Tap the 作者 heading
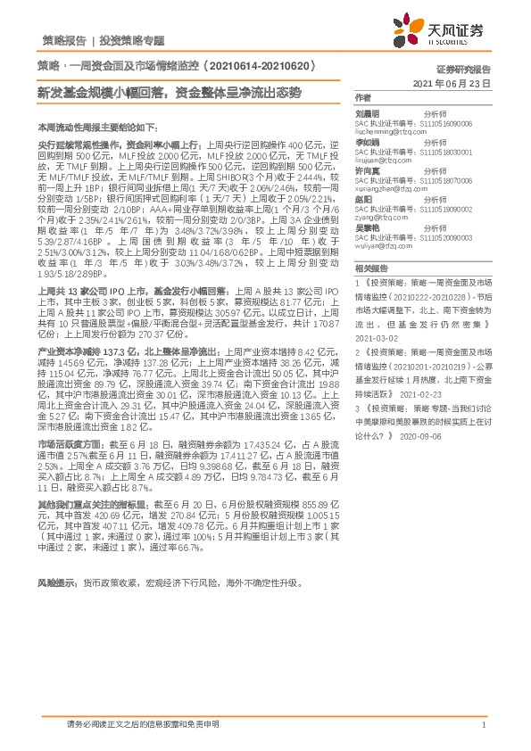[362, 97]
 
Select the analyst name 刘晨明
[367, 113]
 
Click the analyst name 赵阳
[363, 202]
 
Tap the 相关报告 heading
[369, 268]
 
